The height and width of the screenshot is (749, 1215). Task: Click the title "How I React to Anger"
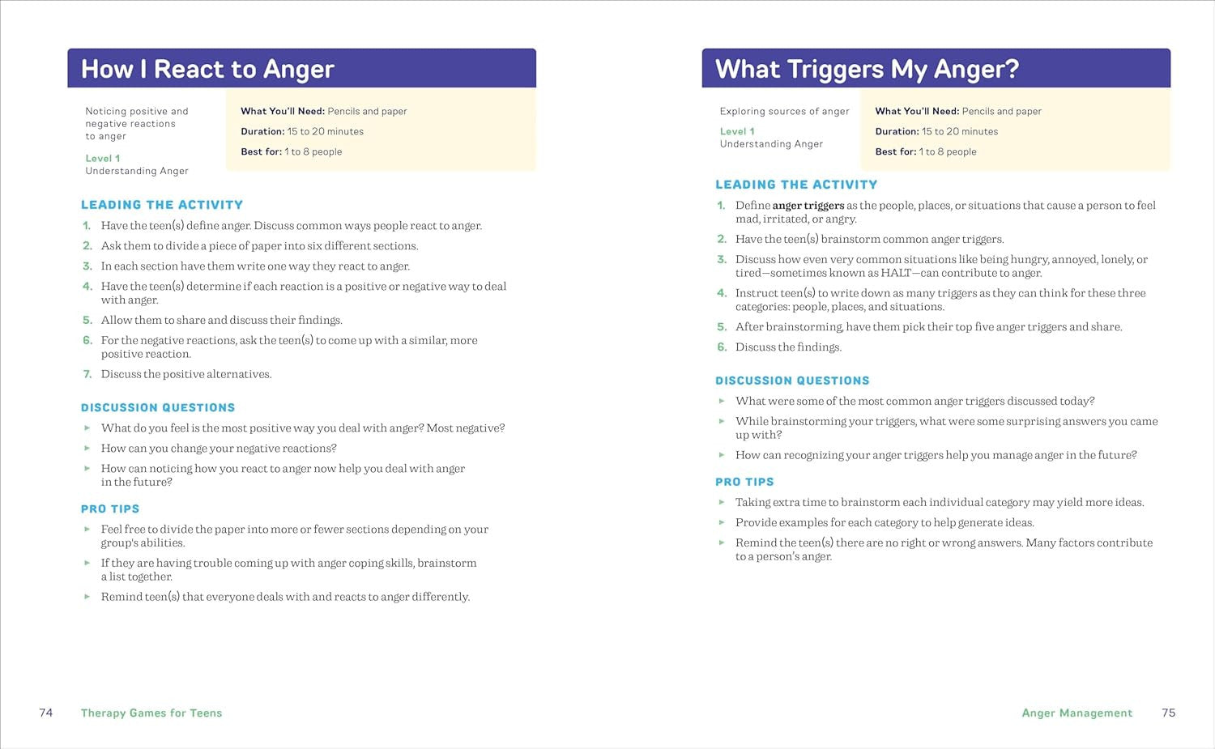tap(207, 70)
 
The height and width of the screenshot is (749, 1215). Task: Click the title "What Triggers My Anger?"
tap(867, 70)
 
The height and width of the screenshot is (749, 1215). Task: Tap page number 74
tap(46, 713)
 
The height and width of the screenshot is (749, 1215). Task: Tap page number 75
tap(1168, 713)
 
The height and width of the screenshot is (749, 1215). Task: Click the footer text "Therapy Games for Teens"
tap(151, 713)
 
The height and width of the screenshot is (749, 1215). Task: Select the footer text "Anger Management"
tap(1076, 713)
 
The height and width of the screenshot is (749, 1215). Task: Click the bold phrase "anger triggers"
tap(808, 206)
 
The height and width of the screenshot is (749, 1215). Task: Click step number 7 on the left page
tap(87, 374)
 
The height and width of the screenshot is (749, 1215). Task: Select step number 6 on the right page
tap(722, 347)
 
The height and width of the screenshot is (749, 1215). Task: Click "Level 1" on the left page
tap(103, 159)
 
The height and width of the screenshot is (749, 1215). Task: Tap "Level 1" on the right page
tap(737, 131)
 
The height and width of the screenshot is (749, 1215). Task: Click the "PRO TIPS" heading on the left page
tap(110, 509)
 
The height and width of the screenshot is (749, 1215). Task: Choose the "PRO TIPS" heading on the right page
tap(744, 482)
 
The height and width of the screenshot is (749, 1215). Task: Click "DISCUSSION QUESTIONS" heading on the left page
tap(158, 408)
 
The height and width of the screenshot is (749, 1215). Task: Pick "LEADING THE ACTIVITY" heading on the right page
tap(796, 185)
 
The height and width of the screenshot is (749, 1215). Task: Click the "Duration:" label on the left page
tap(262, 131)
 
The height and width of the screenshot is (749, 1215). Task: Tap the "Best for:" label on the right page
tap(895, 151)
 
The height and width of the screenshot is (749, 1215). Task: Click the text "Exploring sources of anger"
tap(784, 111)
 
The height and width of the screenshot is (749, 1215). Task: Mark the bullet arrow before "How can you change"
tap(87, 448)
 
